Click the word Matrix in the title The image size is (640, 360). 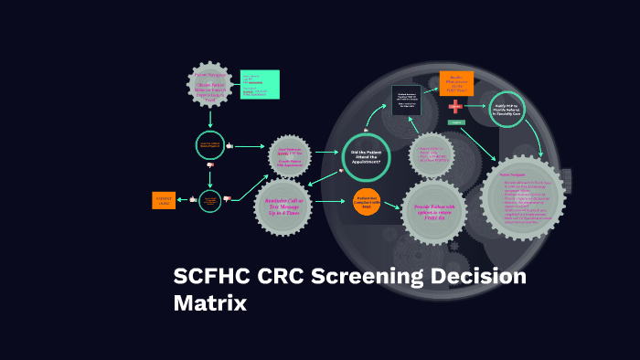(x=210, y=302)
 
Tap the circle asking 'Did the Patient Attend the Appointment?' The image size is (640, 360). (x=366, y=157)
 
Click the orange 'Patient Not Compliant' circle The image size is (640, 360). (x=367, y=203)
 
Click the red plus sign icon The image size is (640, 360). (x=455, y=107)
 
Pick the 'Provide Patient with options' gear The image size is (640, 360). (x=435, y=212)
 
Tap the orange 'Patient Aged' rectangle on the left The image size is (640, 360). (x=164, y=200)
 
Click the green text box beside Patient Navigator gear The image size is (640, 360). (x=260, y=84)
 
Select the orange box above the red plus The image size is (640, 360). (x=456, y=83)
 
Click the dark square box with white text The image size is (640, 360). (x=406, y=100)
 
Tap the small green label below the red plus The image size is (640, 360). (x=457, y=122)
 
